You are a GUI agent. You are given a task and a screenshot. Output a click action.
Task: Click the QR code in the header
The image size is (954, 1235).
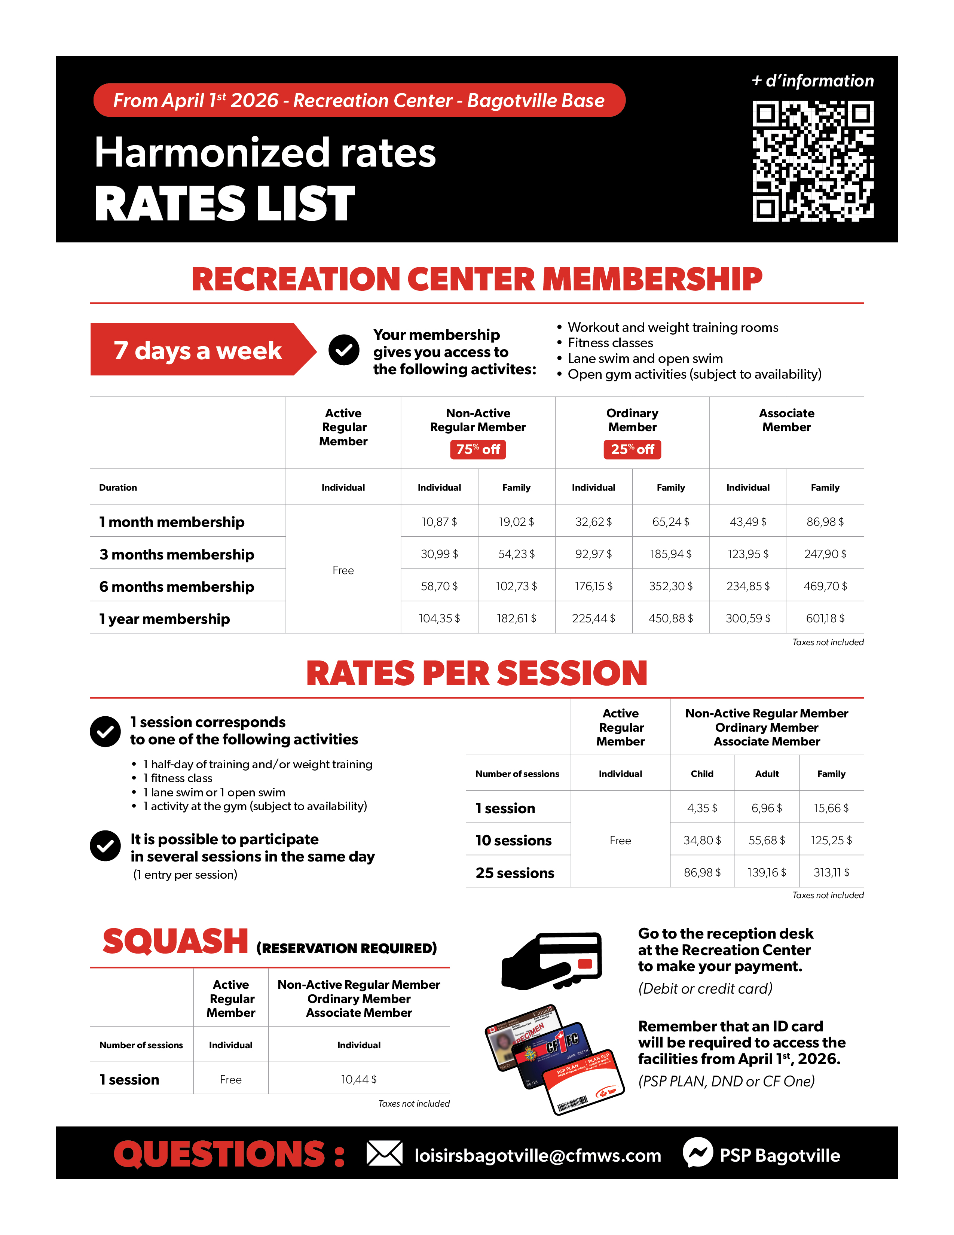[x=813, y=161]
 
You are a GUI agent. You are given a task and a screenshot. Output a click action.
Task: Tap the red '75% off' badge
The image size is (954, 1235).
[x=478, y=449]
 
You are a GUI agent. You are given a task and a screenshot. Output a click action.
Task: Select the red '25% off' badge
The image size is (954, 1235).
[x=632, y=449]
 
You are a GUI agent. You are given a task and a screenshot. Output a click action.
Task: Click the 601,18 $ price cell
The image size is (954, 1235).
[x=825, y=619]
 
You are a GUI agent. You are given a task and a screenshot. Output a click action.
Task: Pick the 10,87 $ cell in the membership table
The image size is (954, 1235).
[x=439, y=522]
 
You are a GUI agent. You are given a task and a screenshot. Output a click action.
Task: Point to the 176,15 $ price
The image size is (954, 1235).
[x=593, y=586]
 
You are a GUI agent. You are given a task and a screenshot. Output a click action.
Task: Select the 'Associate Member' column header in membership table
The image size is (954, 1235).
[x=786, y=420]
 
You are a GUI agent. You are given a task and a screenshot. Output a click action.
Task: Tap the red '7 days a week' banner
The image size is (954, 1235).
[x=198, y=350]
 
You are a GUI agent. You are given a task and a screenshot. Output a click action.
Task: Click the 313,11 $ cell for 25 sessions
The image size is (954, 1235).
[x=831, y=872]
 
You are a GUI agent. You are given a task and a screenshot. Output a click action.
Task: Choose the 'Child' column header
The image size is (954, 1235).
[x=702, y=774]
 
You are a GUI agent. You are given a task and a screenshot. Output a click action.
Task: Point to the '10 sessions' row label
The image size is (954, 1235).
[x=513, y=841]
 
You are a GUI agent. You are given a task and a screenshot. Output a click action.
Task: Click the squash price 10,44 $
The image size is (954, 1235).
[x=359, y=1079]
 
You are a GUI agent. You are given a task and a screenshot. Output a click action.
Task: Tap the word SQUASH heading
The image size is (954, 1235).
[x=175, y=942]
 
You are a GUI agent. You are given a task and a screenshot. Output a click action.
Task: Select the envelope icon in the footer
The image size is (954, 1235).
[x=384, y=1153]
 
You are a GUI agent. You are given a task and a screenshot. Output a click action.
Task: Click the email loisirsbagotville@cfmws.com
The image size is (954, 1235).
[x=538, y=1155]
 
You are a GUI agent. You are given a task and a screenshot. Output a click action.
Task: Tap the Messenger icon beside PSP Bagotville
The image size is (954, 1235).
[x=698, y=1152]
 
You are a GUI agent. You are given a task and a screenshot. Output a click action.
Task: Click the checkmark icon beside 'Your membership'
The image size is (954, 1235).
[x=343, y=350]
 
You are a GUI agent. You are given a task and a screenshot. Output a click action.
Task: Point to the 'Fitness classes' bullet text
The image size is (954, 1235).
[x=611, y=343]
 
